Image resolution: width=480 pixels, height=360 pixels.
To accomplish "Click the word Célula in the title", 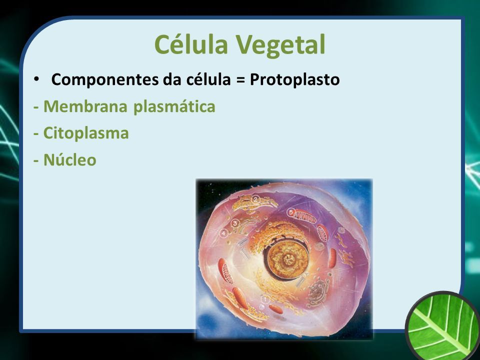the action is click(x=191, y=44).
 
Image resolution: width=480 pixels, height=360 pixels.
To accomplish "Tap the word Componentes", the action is click(x=105, y=80).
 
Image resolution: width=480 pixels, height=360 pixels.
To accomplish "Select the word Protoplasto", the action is click(x=295, y=80).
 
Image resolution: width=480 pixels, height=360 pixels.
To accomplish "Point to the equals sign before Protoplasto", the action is click(x=240, y=80).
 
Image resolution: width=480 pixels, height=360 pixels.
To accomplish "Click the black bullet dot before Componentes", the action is click(x=36, y=79).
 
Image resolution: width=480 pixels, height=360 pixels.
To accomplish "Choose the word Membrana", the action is click(x=85, y=106).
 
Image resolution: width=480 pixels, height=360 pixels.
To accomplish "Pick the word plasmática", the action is click(x=174, y=107).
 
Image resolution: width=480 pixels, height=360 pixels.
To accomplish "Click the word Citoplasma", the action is click(x=86, y=133).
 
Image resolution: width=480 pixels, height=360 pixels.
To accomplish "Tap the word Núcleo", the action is click(x=70, y=160).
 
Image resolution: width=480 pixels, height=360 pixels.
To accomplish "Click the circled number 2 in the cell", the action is click(x=255, y=200).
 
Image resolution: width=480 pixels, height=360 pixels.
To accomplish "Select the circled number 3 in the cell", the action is click(x=235, y=223).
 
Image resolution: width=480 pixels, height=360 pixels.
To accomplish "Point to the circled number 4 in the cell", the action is click(x=224, y=233).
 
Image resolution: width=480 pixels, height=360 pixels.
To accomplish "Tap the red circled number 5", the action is click(x=291, y=212).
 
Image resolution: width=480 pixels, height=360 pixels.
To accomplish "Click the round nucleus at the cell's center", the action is click(x=286, y=259).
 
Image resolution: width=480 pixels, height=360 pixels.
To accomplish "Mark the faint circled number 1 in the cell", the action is click(x=265, y=299).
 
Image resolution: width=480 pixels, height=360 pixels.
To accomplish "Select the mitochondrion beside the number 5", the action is click(x=305, y=217).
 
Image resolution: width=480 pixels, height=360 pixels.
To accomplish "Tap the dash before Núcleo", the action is click(x=36, y=160).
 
